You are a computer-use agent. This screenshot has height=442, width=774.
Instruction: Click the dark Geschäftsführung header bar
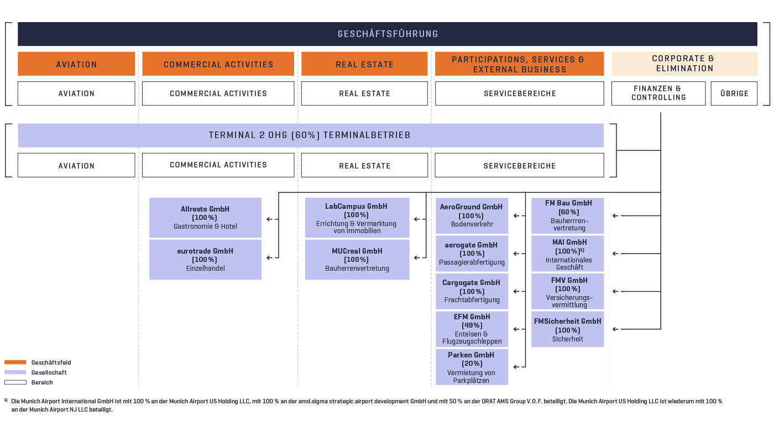coord(387,34)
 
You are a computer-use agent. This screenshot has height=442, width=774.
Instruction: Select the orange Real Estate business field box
coord(364,64)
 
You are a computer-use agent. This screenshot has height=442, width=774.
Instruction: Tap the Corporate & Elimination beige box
coord(684,64)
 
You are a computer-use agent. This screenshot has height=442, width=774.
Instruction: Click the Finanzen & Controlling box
coord(658,93)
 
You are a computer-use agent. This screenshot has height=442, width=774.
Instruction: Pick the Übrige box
coord(734,93)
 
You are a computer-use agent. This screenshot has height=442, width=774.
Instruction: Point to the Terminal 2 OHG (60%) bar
coord(310,135)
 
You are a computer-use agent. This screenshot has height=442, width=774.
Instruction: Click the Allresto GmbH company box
coord(205,218)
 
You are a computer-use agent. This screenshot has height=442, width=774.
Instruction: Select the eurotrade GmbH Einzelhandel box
coord(205,260)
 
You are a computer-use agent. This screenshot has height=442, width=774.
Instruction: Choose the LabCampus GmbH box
coord(357,218)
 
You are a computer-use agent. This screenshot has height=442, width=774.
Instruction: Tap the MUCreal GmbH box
coord(357,260)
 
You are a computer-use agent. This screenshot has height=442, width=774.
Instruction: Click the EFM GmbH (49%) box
coord(472,329)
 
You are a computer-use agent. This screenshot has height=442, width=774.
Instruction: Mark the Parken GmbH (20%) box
coord(472,367)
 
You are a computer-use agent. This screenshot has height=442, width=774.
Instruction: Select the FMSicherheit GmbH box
coord(567,330)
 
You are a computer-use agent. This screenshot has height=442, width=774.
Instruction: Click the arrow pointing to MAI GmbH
coord(616,254)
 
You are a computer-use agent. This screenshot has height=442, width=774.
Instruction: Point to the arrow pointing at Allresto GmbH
coord(270,219)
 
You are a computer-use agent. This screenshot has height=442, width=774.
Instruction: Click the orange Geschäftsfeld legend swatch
coord(15,362)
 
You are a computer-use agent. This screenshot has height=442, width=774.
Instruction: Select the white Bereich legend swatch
coord(15,382)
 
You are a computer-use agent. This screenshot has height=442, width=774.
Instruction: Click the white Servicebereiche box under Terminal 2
coord(519,165)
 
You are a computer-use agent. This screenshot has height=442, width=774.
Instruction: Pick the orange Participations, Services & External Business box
coord(519,64)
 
